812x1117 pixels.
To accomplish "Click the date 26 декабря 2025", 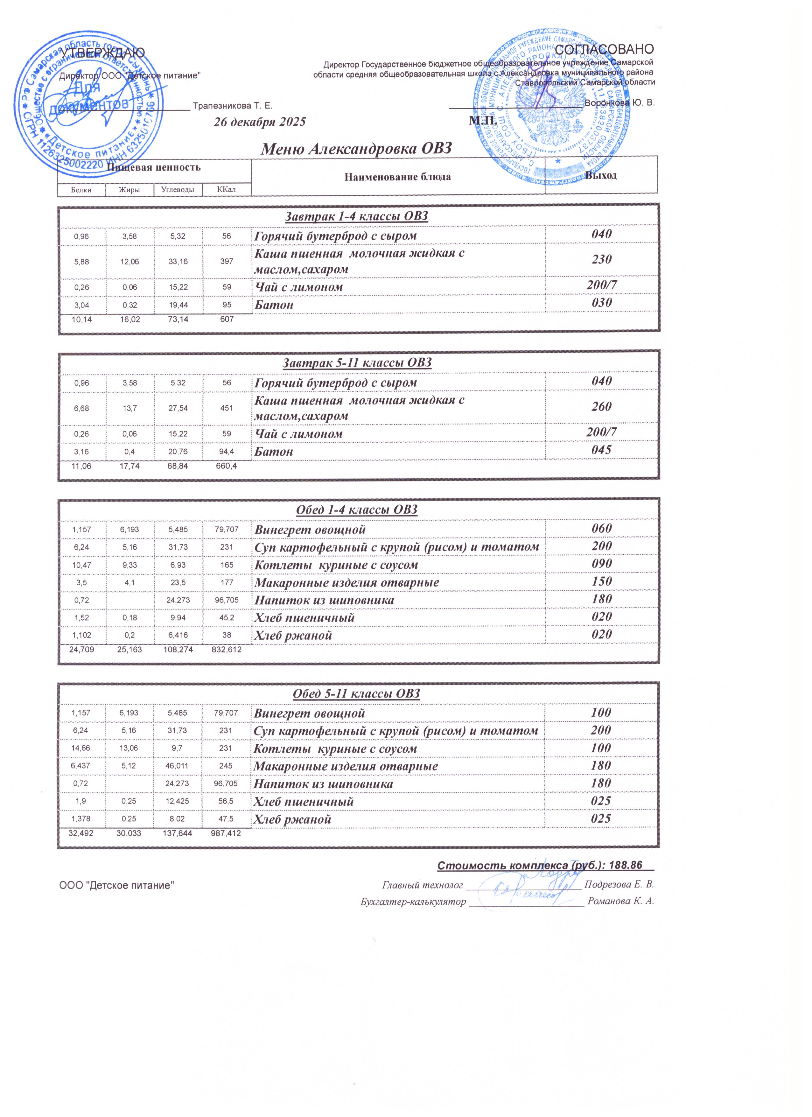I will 260,122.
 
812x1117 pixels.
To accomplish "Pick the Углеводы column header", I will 178,190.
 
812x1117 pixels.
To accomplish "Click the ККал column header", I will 227,190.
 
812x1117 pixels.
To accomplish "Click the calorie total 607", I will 227,319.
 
